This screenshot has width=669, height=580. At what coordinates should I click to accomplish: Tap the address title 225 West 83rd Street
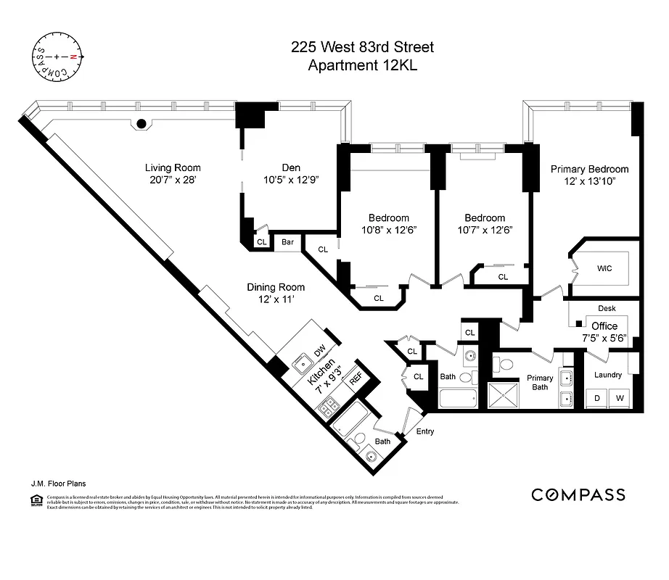click(362, 48)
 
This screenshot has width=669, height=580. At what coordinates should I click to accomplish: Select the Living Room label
click(172, 168)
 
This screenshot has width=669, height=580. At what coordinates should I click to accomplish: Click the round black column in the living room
click(142, 123)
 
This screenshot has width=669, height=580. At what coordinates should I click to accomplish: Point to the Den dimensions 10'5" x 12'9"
click(290, 179)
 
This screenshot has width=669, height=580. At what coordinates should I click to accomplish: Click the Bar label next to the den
click(288, 242)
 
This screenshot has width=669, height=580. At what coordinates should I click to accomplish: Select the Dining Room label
click(275, 286)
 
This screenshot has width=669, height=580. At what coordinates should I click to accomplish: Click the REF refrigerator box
click(356, 378)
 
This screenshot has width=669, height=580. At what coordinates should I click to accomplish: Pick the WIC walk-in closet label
click(604, 268)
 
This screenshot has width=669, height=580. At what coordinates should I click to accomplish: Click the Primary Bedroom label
click(589, 169)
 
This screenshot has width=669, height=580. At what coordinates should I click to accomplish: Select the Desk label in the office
click(607, 309)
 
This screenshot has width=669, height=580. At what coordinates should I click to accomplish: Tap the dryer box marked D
click(598, 398)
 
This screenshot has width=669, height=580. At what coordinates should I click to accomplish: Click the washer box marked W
click(620, 398)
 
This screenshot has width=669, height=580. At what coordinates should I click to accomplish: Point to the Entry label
click(425, 432)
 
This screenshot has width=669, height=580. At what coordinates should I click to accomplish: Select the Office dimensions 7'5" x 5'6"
click(604, 338)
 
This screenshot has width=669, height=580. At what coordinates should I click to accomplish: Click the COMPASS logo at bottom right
click(578, 495)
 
